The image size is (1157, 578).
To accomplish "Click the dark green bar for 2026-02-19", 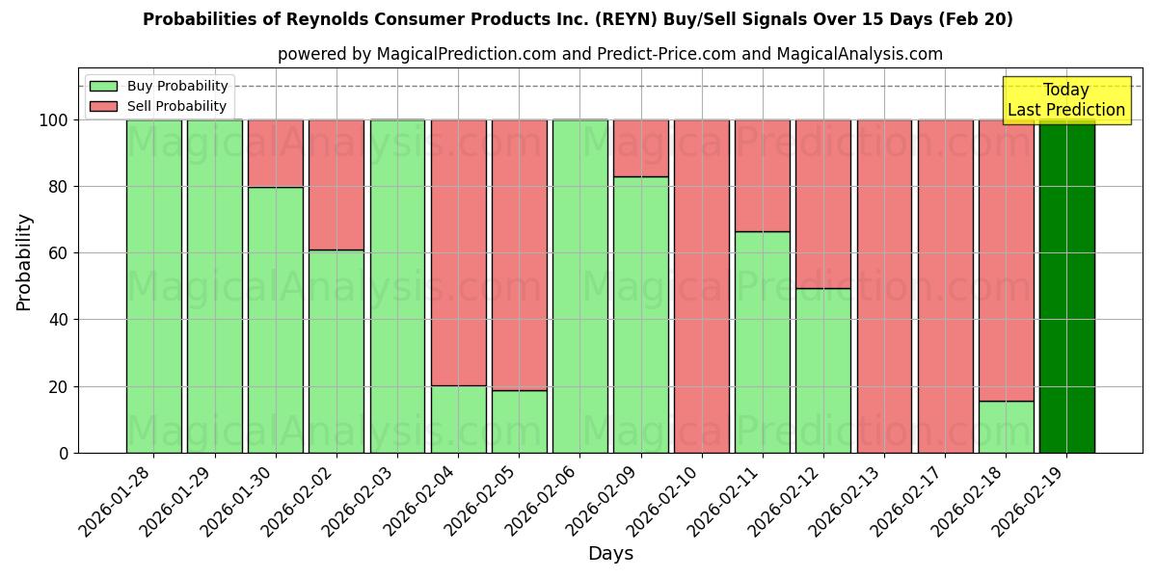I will tap(1066, 286).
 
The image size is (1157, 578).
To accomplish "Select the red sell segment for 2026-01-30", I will tap(276, 153).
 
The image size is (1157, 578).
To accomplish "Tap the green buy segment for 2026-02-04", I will tap(459, 419).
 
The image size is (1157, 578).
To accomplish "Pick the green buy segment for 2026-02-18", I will tap(1006, 427).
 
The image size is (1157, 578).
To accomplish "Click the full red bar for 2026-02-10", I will tap(702, 286).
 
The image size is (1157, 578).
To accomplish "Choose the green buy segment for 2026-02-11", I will tap(763, 342).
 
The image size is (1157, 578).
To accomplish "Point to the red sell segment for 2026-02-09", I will tap(641, 148).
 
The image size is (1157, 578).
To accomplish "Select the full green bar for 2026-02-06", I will tap(580, 286).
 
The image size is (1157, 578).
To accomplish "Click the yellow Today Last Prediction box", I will tap(1065, 100).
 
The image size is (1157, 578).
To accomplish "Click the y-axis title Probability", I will tap(24, 262).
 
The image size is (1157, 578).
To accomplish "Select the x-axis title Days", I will tap(610, 554).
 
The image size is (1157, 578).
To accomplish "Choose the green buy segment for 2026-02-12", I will tap(823, 370).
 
